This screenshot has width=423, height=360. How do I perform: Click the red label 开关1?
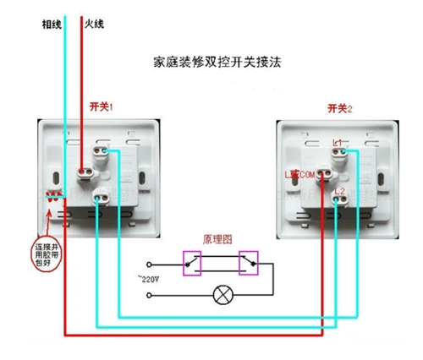[x=102, y=107]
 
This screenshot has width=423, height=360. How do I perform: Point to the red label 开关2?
[x=340, y=108]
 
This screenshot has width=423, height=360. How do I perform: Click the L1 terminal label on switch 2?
[x=338, y=141]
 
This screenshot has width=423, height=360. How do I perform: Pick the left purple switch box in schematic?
[x=194, y=262]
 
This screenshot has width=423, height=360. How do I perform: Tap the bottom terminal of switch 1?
[x=104, y=199]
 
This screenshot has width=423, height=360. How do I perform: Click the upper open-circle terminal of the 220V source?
[x=151, y=262]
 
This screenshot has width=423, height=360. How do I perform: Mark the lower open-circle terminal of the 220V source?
[x=151, y=295]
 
